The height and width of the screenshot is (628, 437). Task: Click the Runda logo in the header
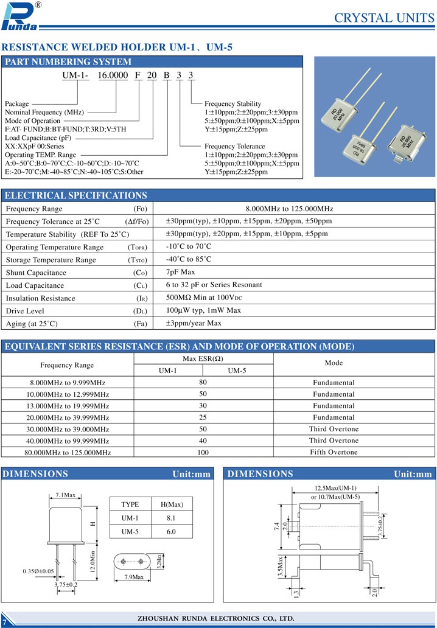point(21,16)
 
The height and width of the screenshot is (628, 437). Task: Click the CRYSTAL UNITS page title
point(384,18)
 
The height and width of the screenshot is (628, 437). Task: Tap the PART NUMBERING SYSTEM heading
point(68,62)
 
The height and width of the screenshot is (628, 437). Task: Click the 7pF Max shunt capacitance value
point(181,272)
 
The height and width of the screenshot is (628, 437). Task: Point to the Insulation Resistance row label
point(41,298)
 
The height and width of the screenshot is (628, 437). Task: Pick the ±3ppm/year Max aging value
point(194,323)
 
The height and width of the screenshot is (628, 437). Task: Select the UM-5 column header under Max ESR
point(237,371)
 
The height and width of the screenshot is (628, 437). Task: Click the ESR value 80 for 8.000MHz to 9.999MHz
point(203,382)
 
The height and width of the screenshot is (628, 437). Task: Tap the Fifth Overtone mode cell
point(334,452)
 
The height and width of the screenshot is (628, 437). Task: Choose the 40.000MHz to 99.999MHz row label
point(68,441)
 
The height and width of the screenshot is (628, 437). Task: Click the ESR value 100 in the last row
point(203,453)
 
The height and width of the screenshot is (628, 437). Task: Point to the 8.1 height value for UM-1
point(170,518)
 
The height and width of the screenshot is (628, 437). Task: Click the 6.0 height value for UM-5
point(170,531)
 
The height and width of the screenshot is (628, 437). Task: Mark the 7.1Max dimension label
point(65,495)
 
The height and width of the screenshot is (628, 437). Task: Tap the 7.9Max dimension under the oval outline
point(134,577)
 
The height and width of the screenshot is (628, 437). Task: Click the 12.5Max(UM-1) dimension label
point(335,488)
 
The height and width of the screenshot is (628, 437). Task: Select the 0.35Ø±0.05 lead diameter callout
point(38,571)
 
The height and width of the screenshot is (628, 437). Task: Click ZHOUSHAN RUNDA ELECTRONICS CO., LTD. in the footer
point(216,618)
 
